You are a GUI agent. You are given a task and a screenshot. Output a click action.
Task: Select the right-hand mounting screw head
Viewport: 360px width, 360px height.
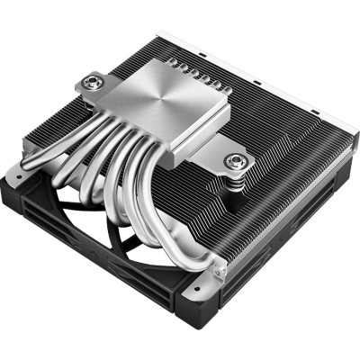(x=238, y=162)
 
